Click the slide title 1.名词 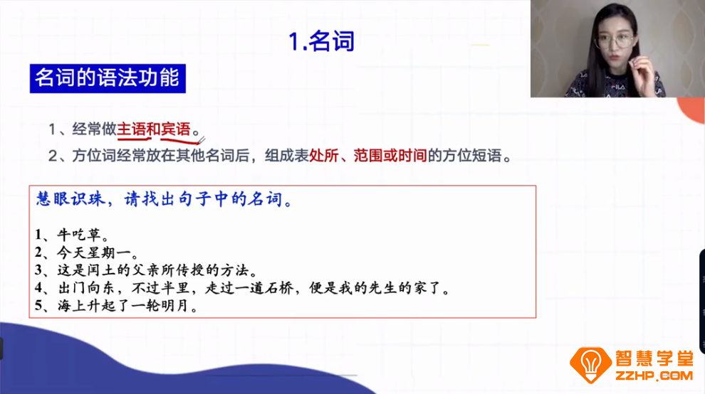pos(322,42)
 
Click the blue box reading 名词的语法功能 pos(108,78)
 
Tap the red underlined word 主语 pos(131,129)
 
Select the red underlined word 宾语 pos(176,129)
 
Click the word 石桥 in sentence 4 pos(318,289)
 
